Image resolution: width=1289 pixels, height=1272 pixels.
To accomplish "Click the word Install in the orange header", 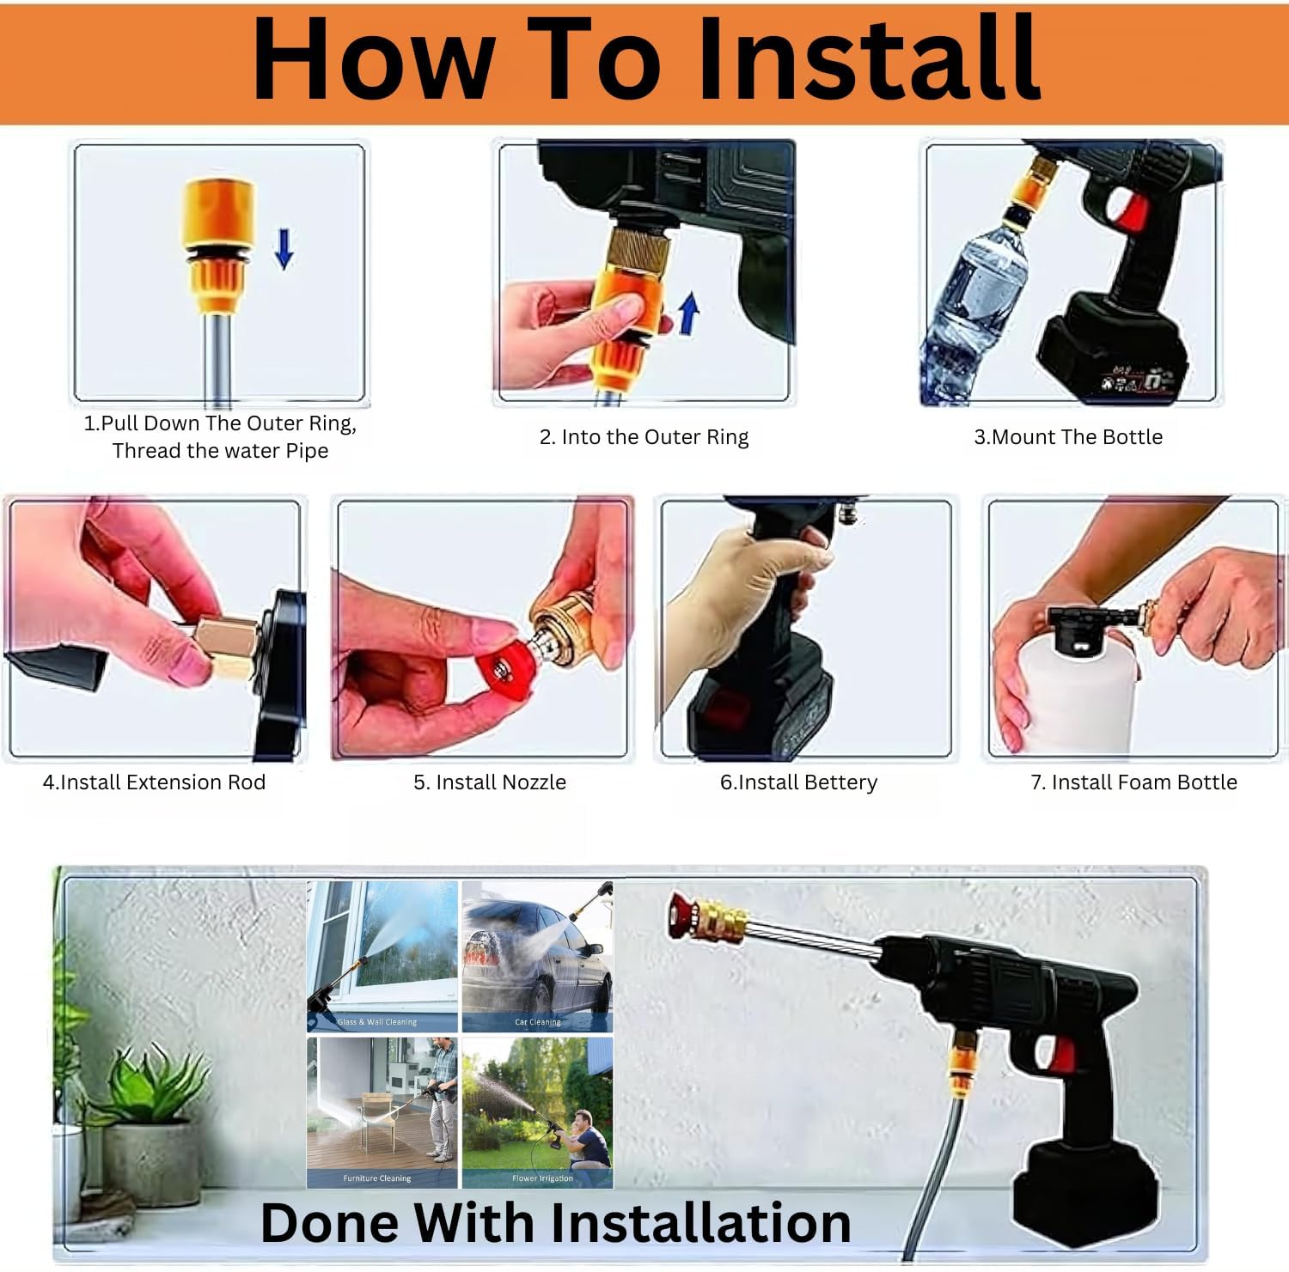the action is tap(868, 58).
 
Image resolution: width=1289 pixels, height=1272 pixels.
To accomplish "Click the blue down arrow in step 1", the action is tap(284, 249).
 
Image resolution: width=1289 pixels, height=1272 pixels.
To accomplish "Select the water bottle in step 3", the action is tap(975, 305).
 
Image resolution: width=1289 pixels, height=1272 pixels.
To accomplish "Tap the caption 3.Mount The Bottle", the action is tap(1068, 437).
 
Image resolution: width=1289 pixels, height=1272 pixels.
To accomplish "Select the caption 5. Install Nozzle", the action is tap(490, 782).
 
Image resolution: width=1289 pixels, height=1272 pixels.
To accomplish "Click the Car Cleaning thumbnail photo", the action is tap(538, 956).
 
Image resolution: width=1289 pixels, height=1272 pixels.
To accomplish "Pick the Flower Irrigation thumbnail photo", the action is tap(538, 1112).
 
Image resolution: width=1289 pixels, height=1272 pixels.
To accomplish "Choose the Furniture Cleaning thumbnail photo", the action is tap(382, 1112).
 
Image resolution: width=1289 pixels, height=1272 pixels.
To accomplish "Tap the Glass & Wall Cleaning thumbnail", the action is tap(382, 956).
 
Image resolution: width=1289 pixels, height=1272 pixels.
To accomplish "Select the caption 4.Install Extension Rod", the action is tap(155, 782).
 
